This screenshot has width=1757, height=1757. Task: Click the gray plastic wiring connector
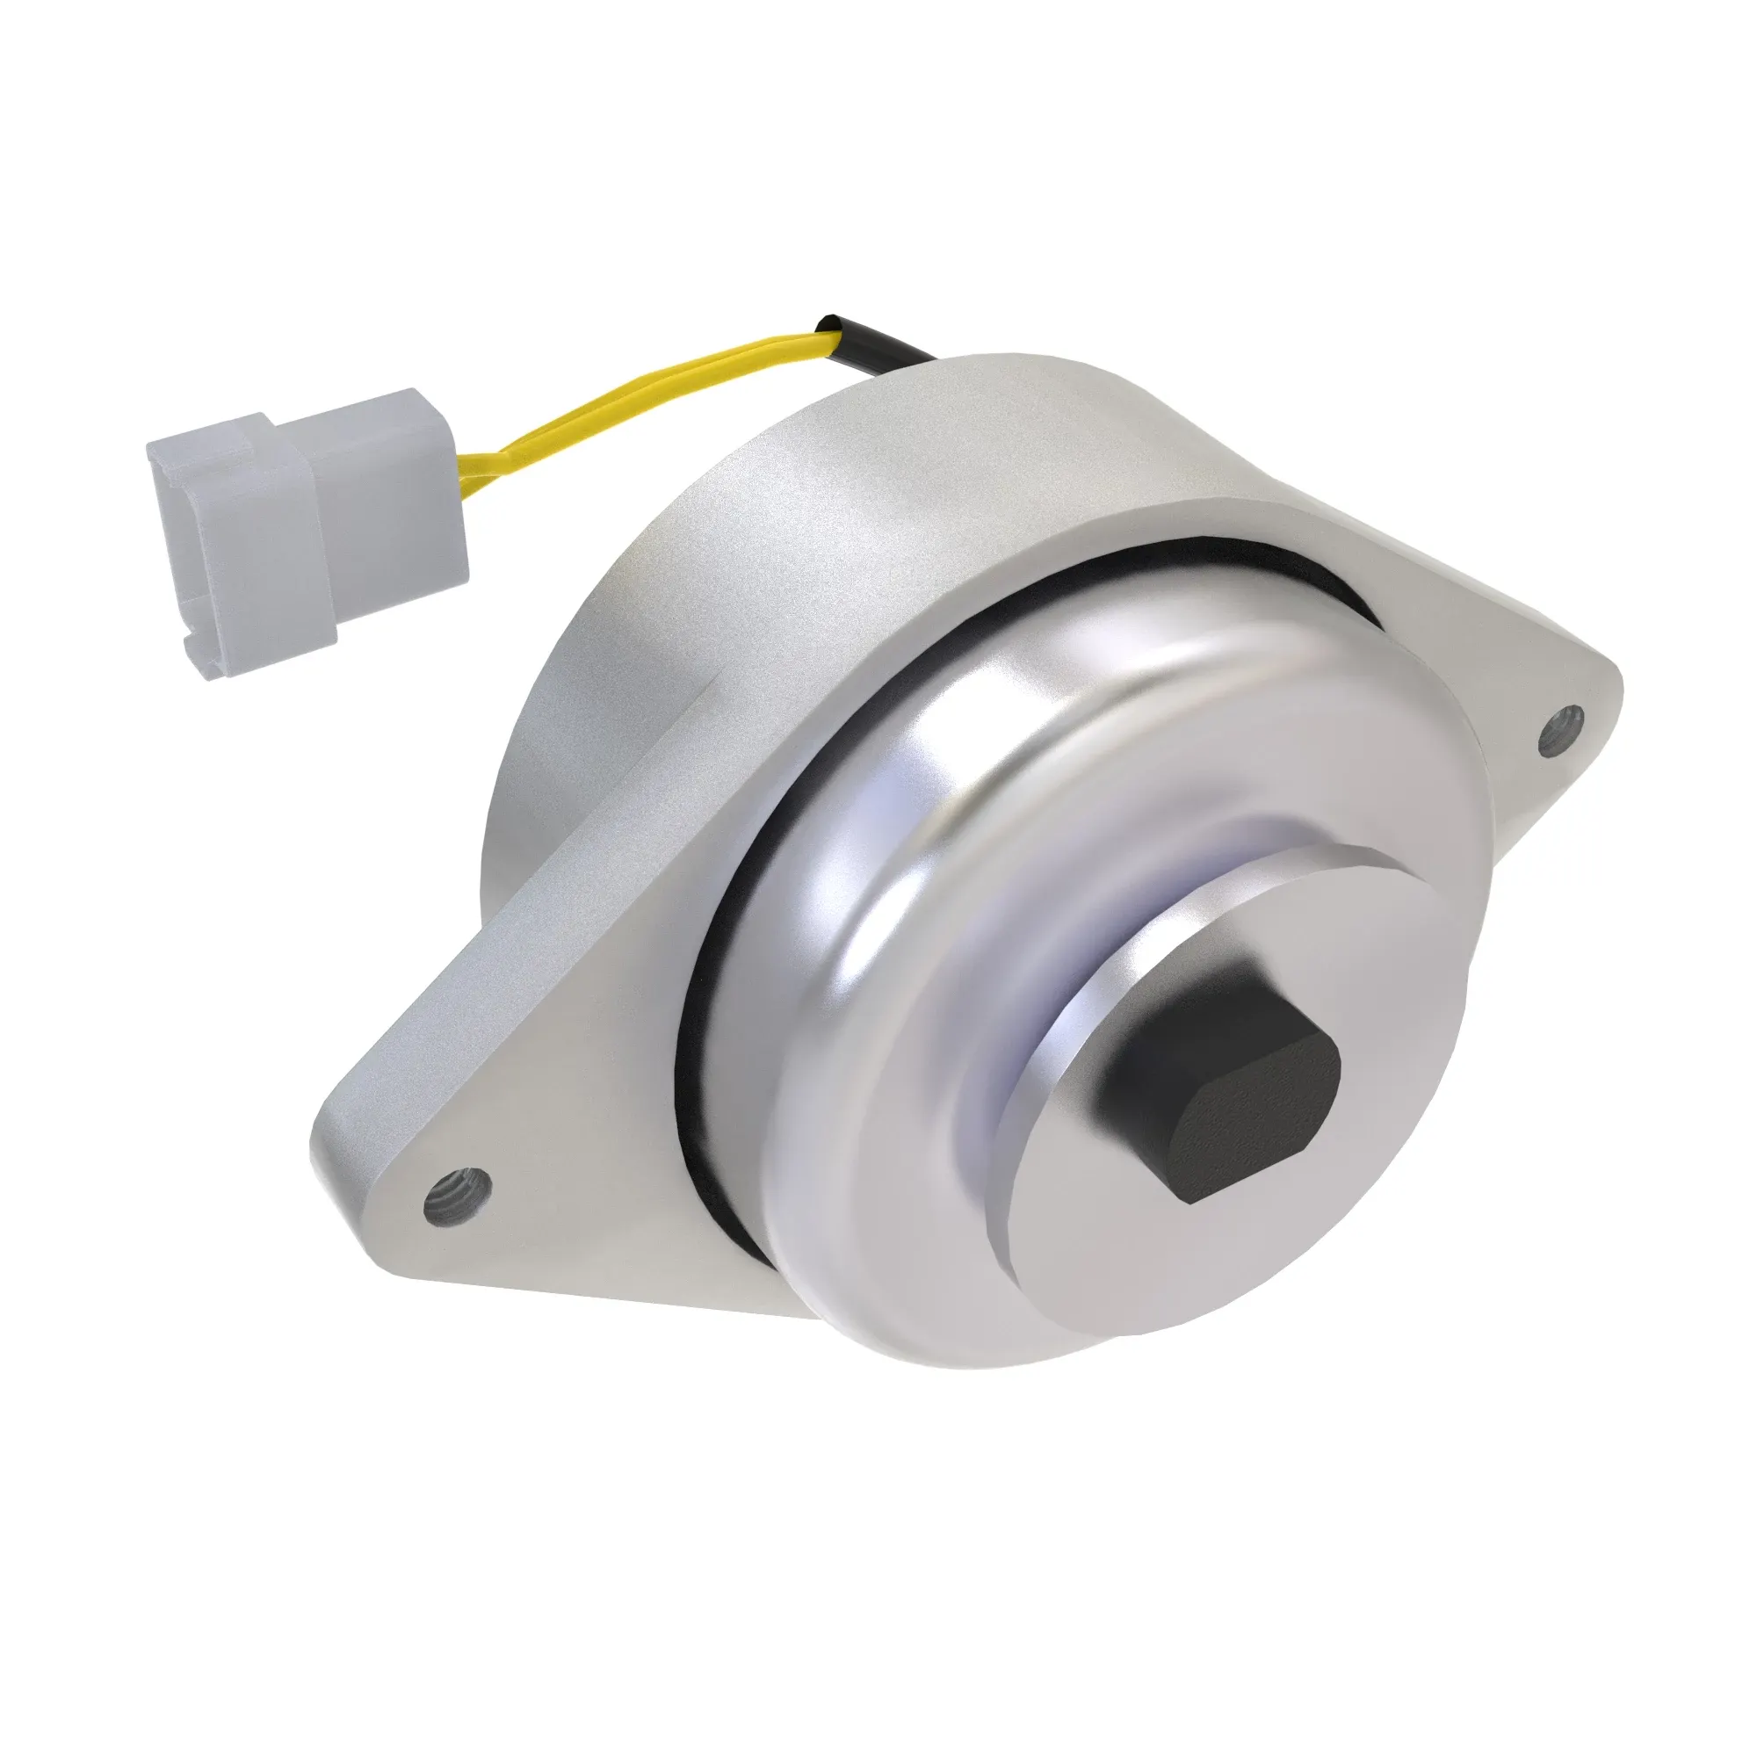[x=309, y=537]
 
